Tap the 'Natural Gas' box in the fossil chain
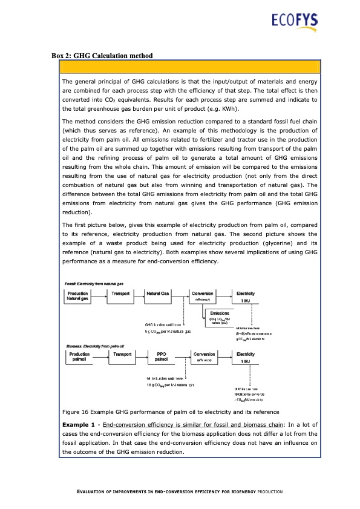tap(162, 296)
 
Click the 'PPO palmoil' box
tap(162, 357)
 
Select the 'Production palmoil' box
tap(80, 357)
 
